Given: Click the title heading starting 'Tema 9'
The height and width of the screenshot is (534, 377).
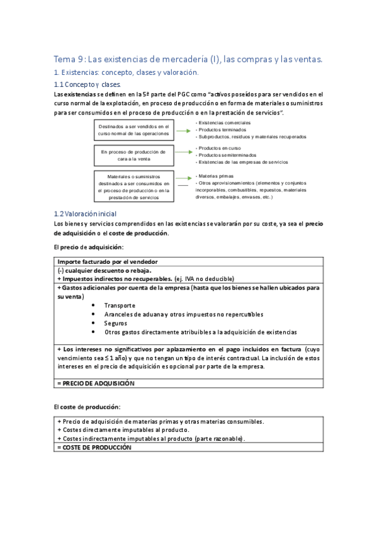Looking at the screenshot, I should [x=188, y=59].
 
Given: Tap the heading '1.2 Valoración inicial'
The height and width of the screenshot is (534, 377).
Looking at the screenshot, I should [x=85, y=214].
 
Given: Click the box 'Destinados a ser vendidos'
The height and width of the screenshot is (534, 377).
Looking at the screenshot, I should [x=133, y=130].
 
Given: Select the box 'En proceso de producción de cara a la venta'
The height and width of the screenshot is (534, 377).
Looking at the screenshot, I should [x=133, y=156].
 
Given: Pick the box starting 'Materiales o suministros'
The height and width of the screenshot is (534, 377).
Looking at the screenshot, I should [x=133, y=186].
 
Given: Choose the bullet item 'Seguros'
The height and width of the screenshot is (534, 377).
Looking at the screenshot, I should [x=115, y=323].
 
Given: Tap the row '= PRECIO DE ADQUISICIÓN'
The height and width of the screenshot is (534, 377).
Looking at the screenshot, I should [x=96, y=383].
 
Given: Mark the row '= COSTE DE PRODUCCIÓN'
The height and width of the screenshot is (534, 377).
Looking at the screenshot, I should [x=94, y=447].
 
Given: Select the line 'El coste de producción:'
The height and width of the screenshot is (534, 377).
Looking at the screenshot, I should [x=87, y=407].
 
